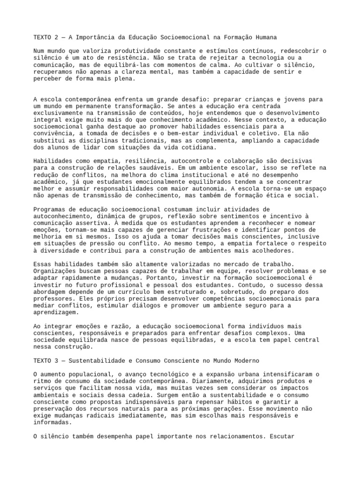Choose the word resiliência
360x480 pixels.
[127, 161]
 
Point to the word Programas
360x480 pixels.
[50, 209]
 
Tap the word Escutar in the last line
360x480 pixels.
[279, 435]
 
